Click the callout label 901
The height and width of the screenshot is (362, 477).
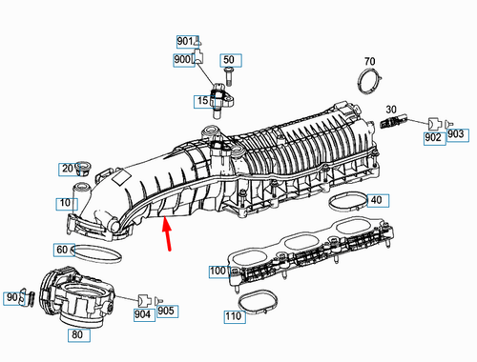pos(185,42)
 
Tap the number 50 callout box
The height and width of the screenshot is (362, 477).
pos(228,60)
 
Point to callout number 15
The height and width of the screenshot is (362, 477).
pos(204,101)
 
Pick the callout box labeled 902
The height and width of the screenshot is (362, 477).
pos(434,139)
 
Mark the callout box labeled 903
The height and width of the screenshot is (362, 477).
pos(455,133)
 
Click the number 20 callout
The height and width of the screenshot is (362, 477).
pos(69,169)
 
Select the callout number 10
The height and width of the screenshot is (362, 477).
pos(64,203)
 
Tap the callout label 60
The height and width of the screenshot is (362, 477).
pos(62,250)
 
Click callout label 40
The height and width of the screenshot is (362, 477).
pos(376,200)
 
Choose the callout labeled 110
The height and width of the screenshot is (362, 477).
pos(234,316)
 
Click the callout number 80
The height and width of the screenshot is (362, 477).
pos(75,334)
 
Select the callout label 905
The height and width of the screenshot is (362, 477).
pos(166,311)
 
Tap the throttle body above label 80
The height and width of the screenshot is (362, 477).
pos(72,294)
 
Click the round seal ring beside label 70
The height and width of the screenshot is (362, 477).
pos(368,83)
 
